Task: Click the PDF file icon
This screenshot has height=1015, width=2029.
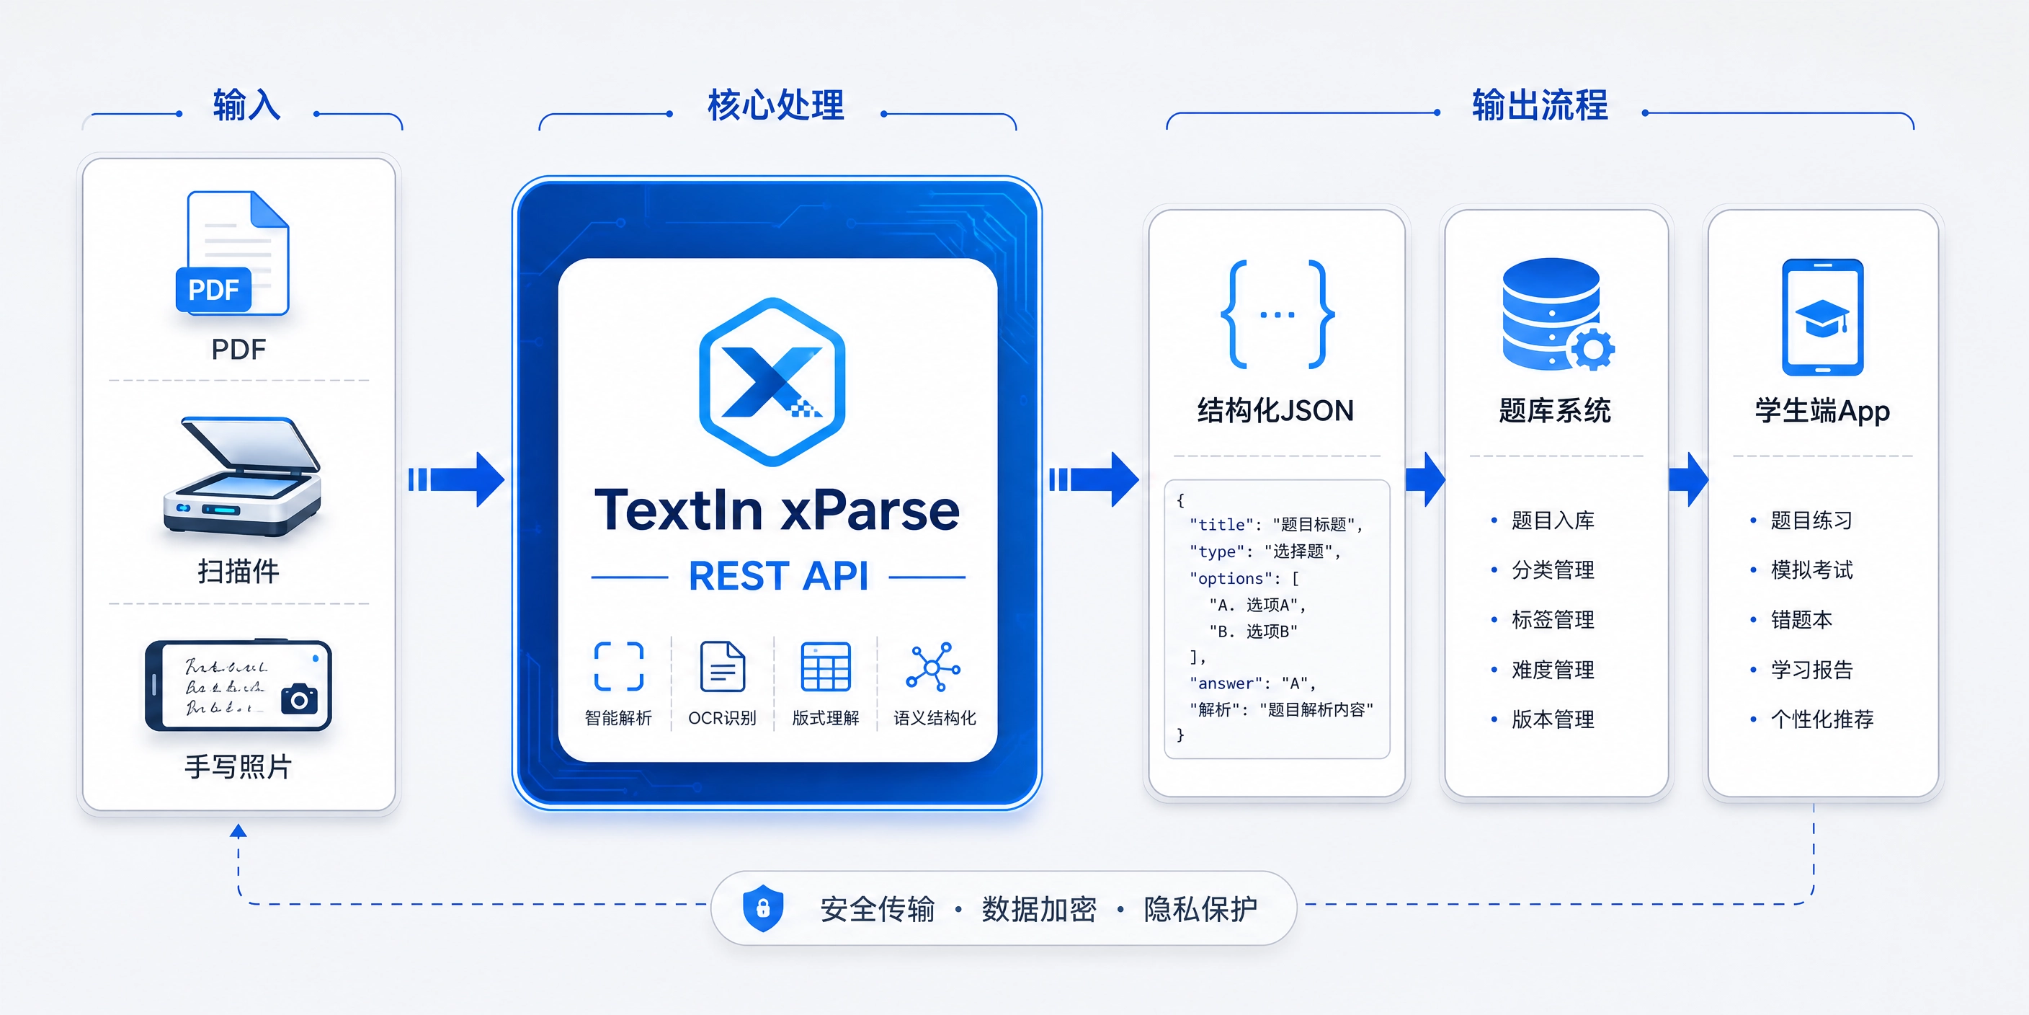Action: pyautogui.click(x=232, y=254)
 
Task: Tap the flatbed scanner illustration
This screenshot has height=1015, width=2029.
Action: pyautogui.click(x=242, y=477)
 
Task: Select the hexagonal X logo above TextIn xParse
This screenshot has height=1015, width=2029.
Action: pyautogui.click(x=772, y=381)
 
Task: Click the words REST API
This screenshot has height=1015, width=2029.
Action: pyautogui.click(x=778, y=576)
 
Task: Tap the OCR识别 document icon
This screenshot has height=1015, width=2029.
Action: pyautogui.click(x=722, y=666)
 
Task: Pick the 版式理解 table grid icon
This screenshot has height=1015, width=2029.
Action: pyautogui.click(x=826, y=667)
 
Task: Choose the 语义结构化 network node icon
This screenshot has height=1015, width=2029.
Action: pyautogui.click(x=933, y=667)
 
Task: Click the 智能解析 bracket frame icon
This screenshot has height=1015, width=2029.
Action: pyautogui.click(x=618, y=667)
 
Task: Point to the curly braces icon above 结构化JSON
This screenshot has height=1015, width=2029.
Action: pyautogui.click(x=1277, y=314)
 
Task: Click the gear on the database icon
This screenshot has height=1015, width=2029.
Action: pyautogui.click(x=1592, y=348)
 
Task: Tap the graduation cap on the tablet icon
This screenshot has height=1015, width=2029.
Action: pyautogui.click(x=1821, y=318)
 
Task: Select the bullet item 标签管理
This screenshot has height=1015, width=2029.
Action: pyautogui.click(x=1543, y=620)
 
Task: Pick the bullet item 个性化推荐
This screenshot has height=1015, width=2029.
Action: pyautogui.click(x=1811, y=719)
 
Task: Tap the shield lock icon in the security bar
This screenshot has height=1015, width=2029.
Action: pyautogui.click(x=762, y=908)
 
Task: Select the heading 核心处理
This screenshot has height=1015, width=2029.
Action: pyautogui.click(x=776, y=105)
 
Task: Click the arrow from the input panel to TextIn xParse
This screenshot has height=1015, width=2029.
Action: pyautogui.click(x=456, y=479)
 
